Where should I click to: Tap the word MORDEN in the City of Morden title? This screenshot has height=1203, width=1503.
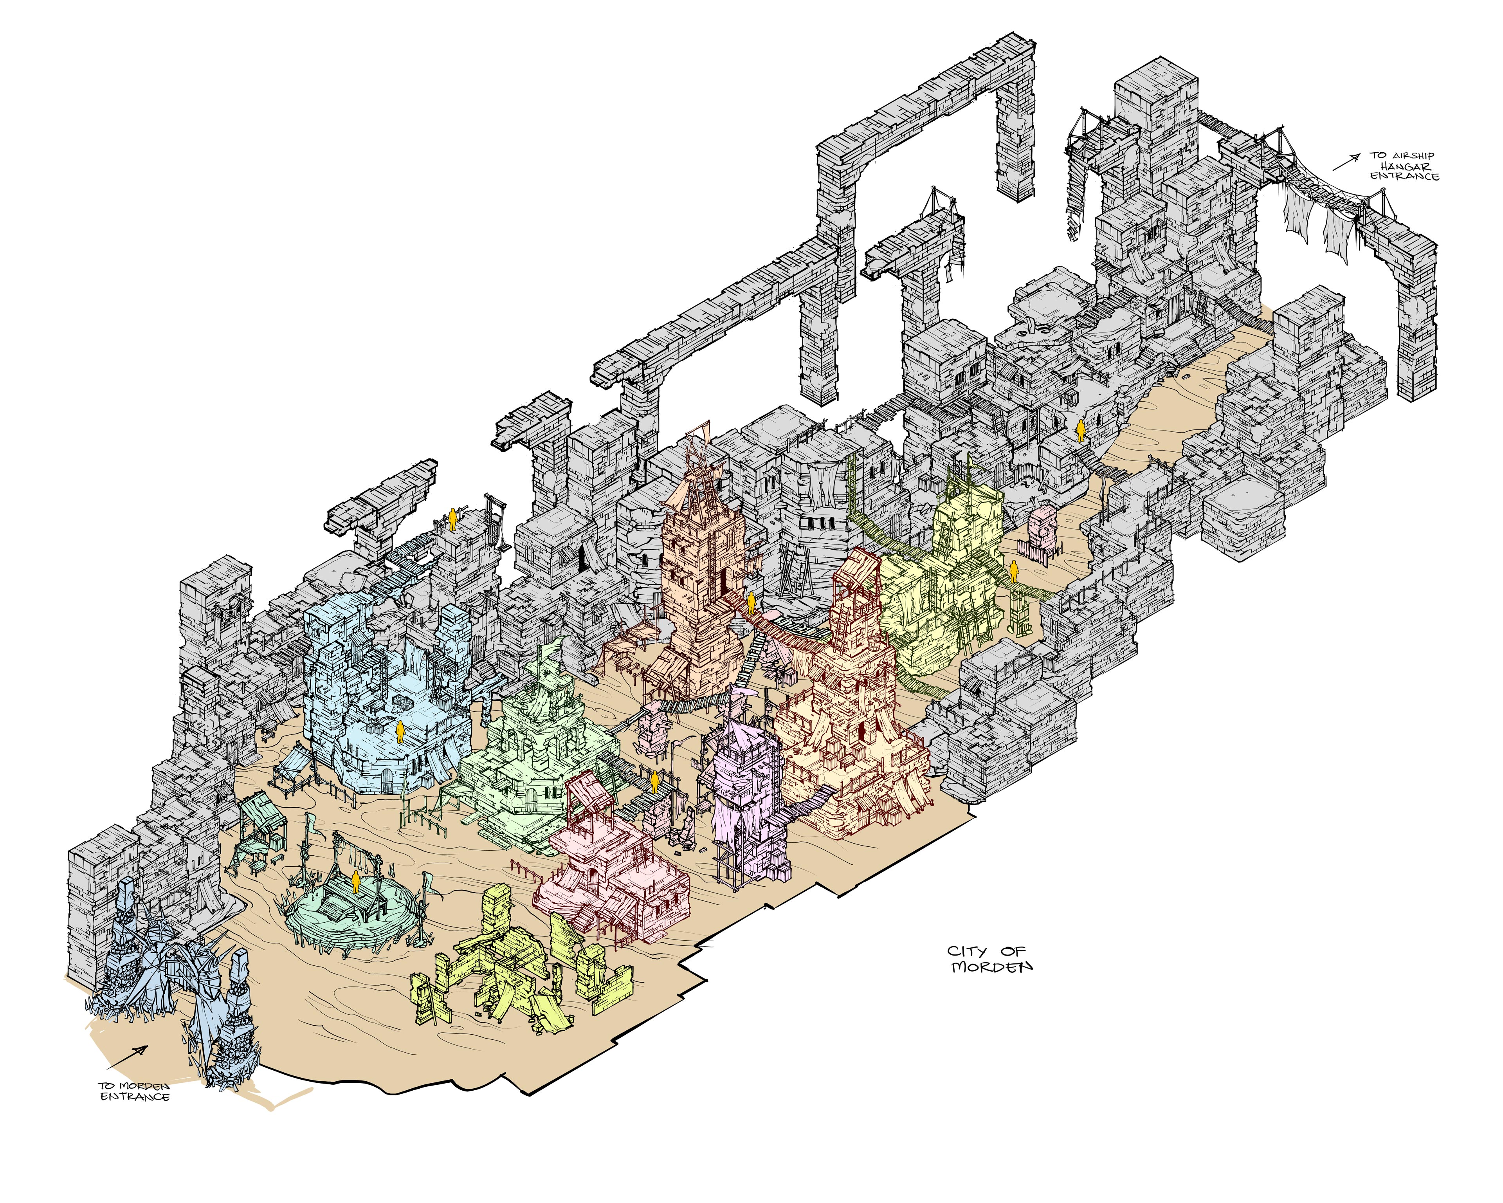point(992,967)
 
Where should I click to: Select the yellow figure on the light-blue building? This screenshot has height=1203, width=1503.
point(400,732)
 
